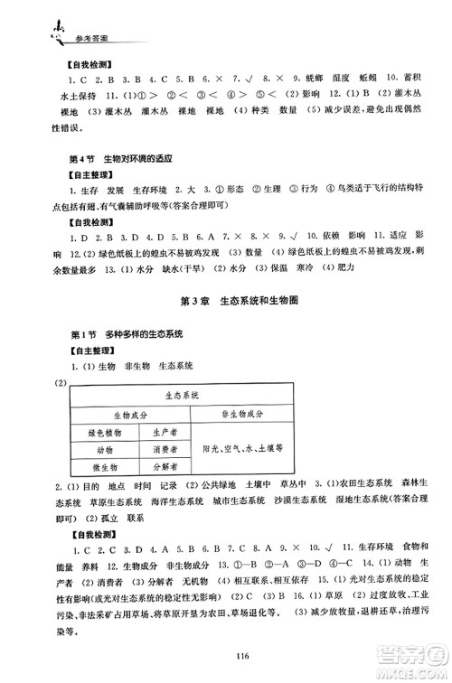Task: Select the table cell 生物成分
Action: point(118,414)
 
